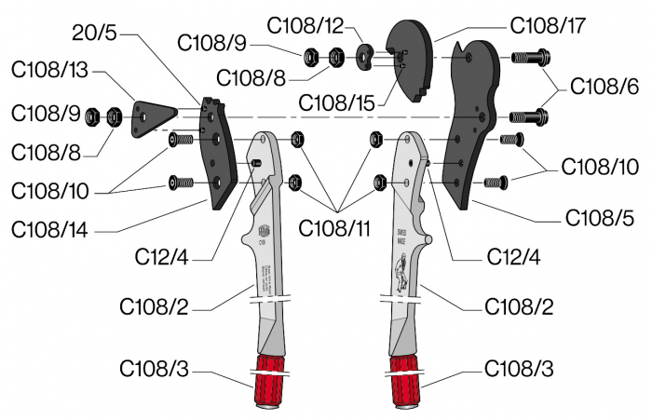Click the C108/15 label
tap(338, 102)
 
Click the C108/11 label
tap(338, 226)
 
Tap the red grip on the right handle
tap(408, 381)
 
